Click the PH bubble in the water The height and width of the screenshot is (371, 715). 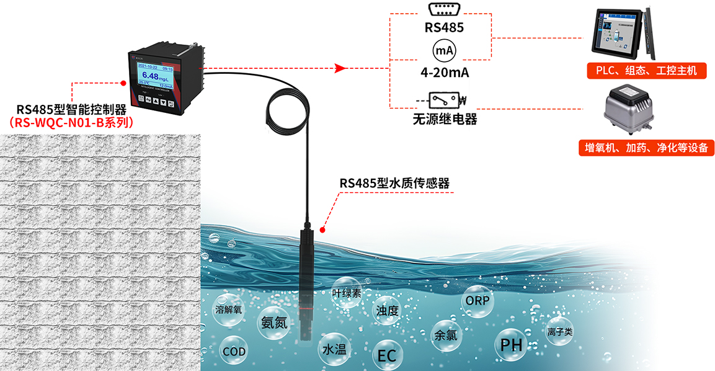coord(512,345)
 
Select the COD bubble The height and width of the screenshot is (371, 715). coord(234,352)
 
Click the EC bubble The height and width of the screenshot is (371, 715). coord(387,356)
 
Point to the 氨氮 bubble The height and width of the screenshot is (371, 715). coord(273,322)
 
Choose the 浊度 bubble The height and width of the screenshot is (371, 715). coord(388,310)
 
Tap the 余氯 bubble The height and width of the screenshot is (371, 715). coord(445,335)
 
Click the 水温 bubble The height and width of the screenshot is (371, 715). coord(334,349)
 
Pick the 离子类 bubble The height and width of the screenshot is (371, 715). coord(559,332)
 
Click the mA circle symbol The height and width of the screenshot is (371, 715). coord(443,50)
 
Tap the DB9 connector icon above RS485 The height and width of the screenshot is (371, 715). coord(443,10)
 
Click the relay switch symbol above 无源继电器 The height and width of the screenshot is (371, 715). coord(444,99)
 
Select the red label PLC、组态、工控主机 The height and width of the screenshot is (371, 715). coord(647,71)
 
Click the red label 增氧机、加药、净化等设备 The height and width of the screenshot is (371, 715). coord(646,148)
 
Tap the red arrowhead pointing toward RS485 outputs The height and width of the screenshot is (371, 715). coord(339,68)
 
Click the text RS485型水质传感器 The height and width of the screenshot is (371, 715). coord(394,183)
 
